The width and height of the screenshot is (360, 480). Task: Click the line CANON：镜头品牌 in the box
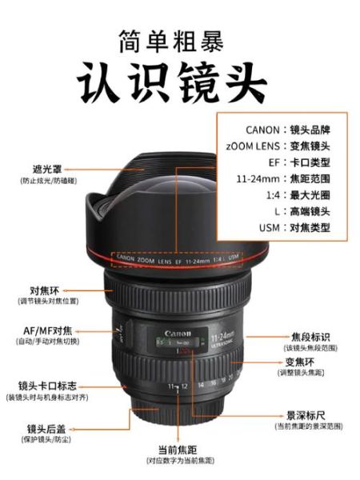286,130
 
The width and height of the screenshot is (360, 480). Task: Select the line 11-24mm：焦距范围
287,178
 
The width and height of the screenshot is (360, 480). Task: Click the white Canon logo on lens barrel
179,333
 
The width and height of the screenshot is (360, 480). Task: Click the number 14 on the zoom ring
201,385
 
